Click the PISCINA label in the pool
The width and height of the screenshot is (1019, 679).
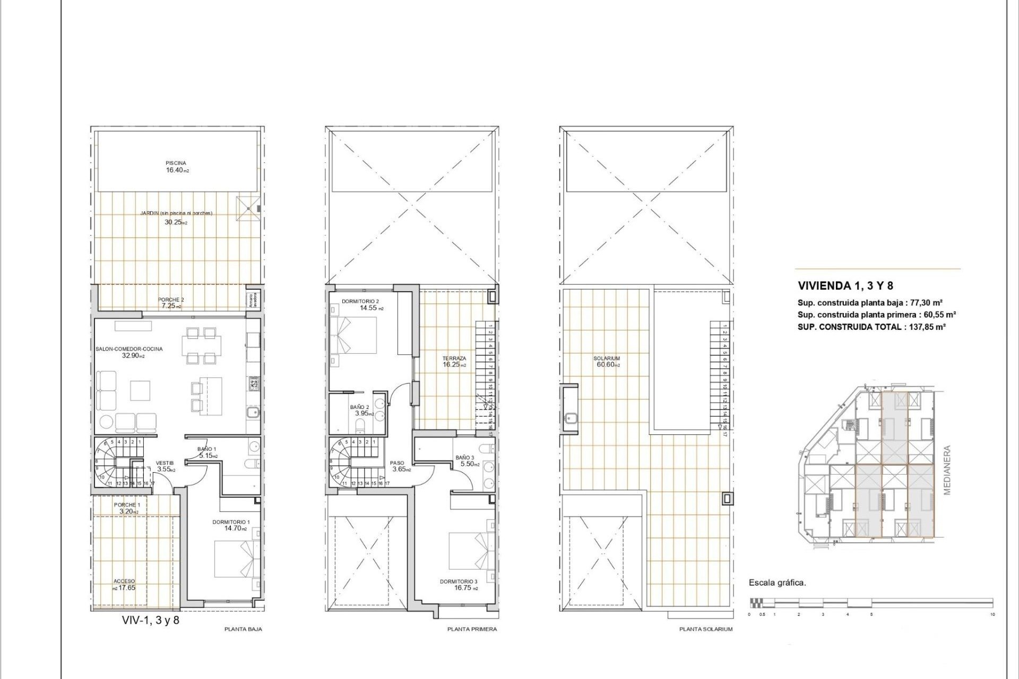176,163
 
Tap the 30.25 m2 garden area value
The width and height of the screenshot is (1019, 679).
176,222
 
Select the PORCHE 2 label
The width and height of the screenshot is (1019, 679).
171,300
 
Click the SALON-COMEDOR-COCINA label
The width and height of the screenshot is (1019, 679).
129,349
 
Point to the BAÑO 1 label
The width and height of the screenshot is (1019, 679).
206,449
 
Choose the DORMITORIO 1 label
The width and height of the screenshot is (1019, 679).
231,523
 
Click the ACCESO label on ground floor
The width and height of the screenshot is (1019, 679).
124,581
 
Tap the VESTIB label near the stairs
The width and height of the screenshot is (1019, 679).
165,463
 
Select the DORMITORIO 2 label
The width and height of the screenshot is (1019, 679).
360,301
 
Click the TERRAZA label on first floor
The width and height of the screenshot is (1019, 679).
454,359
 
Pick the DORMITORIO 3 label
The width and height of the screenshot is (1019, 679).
459,582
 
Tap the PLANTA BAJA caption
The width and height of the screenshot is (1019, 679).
243,629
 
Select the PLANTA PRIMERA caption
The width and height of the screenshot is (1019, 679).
472,629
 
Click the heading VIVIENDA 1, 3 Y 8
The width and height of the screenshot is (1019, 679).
845,286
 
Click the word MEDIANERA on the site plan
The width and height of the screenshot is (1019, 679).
947,470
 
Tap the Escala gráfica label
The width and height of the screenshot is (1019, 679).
777,583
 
